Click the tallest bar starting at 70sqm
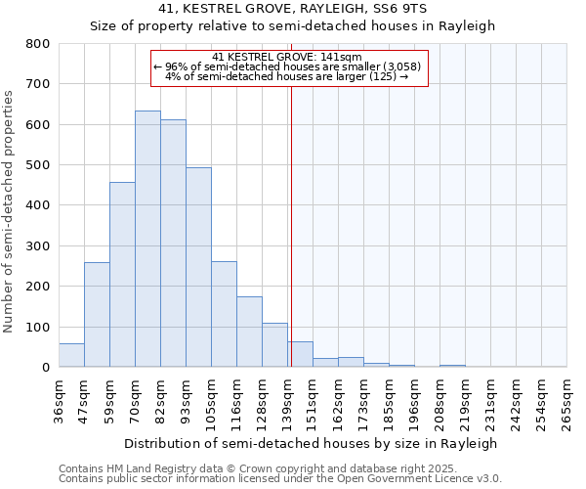click(147, 240)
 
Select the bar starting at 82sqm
click(173, 244)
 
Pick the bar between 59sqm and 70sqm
click(122, 275)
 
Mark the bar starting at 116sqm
click(249, 332)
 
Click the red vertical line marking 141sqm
click(291, 225)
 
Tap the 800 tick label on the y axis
click(37, 44)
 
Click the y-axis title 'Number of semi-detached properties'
click(10, 210)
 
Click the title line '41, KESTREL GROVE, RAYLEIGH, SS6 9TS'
click(292, 8)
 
